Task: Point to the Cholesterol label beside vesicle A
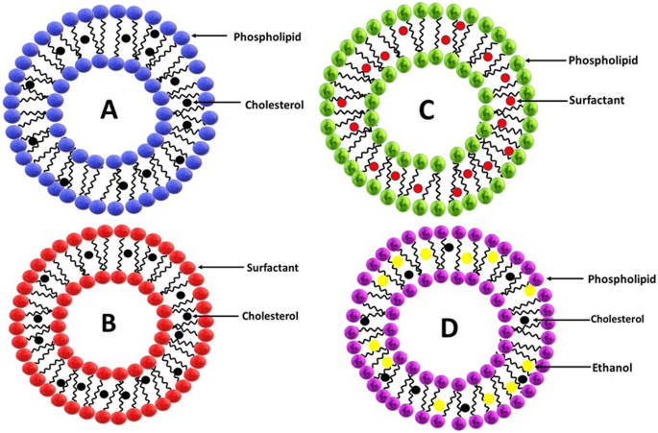point(260,105)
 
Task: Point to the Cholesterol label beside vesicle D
point(602,319)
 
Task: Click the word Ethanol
point(596,367)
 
